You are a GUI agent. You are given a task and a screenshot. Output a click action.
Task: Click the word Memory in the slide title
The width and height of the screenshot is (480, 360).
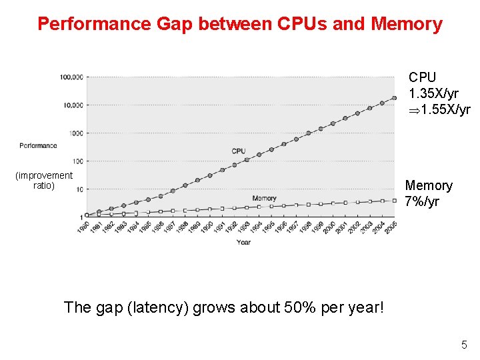(407, 25)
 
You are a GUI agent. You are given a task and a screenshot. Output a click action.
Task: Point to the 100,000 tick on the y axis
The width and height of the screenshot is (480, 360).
(71, 77)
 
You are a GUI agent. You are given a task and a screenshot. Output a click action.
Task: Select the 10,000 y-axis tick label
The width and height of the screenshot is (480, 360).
(73, 105)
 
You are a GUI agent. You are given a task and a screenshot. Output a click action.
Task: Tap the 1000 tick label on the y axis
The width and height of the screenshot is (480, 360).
(76, 133)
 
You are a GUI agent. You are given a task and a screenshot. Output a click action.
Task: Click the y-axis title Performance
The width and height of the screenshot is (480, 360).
(38, 145)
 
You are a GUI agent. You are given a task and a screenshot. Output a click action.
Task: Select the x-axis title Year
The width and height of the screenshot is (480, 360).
(243, 242)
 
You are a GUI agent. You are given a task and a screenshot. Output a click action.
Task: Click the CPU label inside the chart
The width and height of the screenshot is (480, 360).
(239, 151)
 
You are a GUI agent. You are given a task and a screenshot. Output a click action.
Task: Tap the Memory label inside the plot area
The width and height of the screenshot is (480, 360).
(264, 198)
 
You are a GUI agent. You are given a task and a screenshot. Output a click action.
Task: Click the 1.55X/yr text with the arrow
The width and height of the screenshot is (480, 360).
(445, 109)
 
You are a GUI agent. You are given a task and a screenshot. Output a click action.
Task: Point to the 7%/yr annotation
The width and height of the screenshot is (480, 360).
(423, 201)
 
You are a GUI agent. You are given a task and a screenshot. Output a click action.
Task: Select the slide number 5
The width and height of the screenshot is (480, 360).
(463, 345)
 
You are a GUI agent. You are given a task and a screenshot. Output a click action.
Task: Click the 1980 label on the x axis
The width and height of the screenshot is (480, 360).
(82, 227)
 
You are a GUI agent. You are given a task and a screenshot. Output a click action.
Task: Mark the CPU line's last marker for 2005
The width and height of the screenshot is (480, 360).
(395, 97)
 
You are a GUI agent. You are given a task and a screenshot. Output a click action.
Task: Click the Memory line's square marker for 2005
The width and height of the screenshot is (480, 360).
(395, 199)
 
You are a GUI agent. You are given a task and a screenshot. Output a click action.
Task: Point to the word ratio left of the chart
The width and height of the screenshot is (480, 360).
(44, 185)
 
